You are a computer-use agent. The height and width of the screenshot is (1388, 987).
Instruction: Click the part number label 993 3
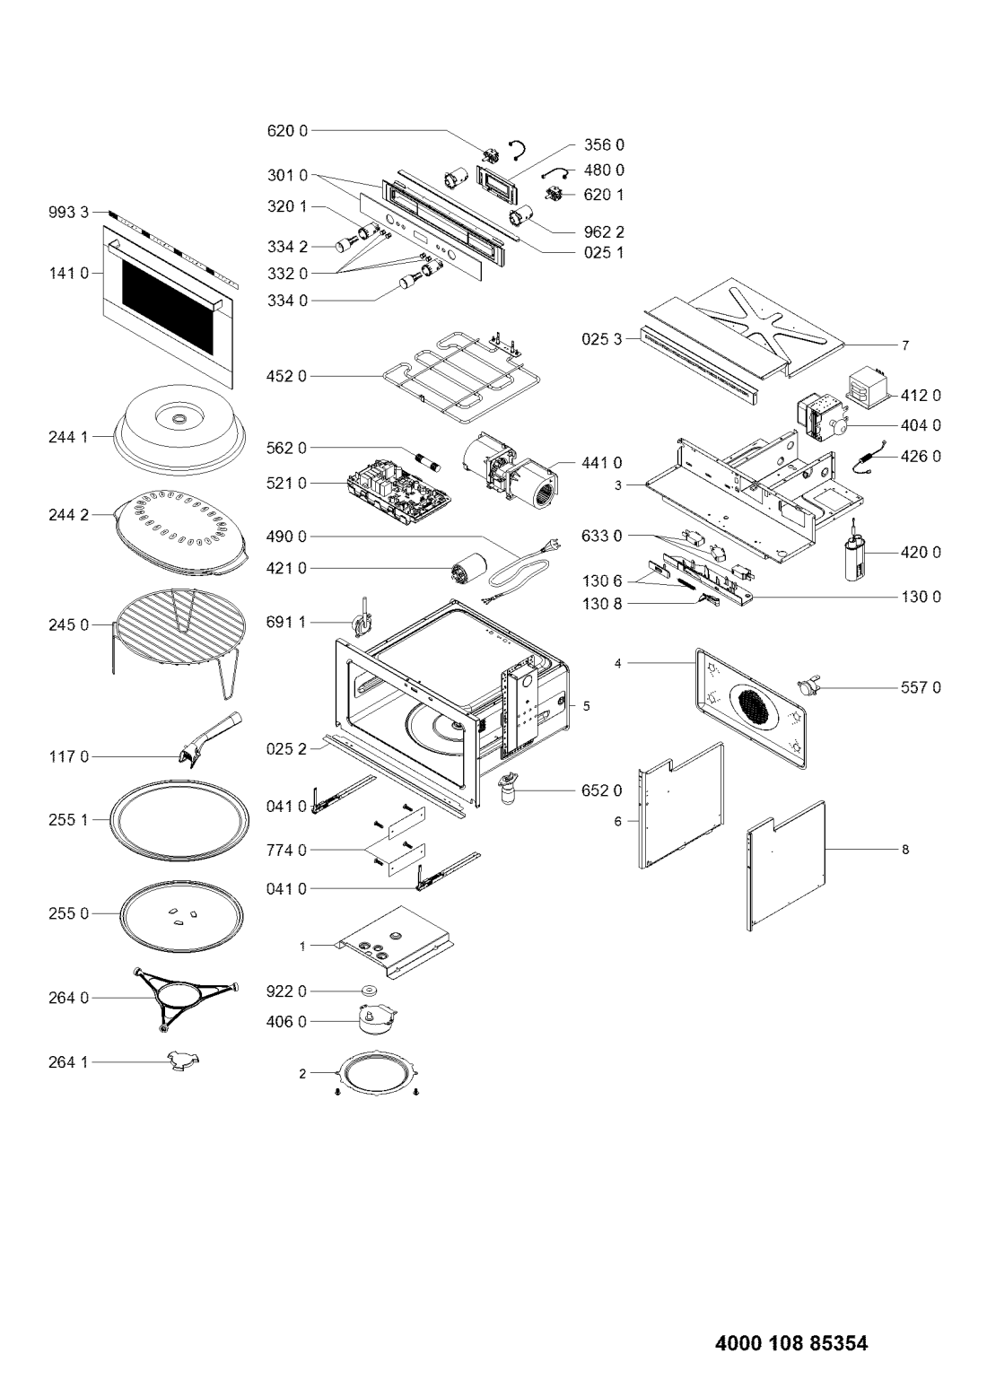pos(69,213)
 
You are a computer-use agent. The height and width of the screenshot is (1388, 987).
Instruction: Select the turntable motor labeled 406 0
pos(378,1020)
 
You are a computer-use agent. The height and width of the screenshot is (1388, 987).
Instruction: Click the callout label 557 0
pos(920,687)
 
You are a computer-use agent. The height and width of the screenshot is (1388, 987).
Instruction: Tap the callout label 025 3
pos(601,339)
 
